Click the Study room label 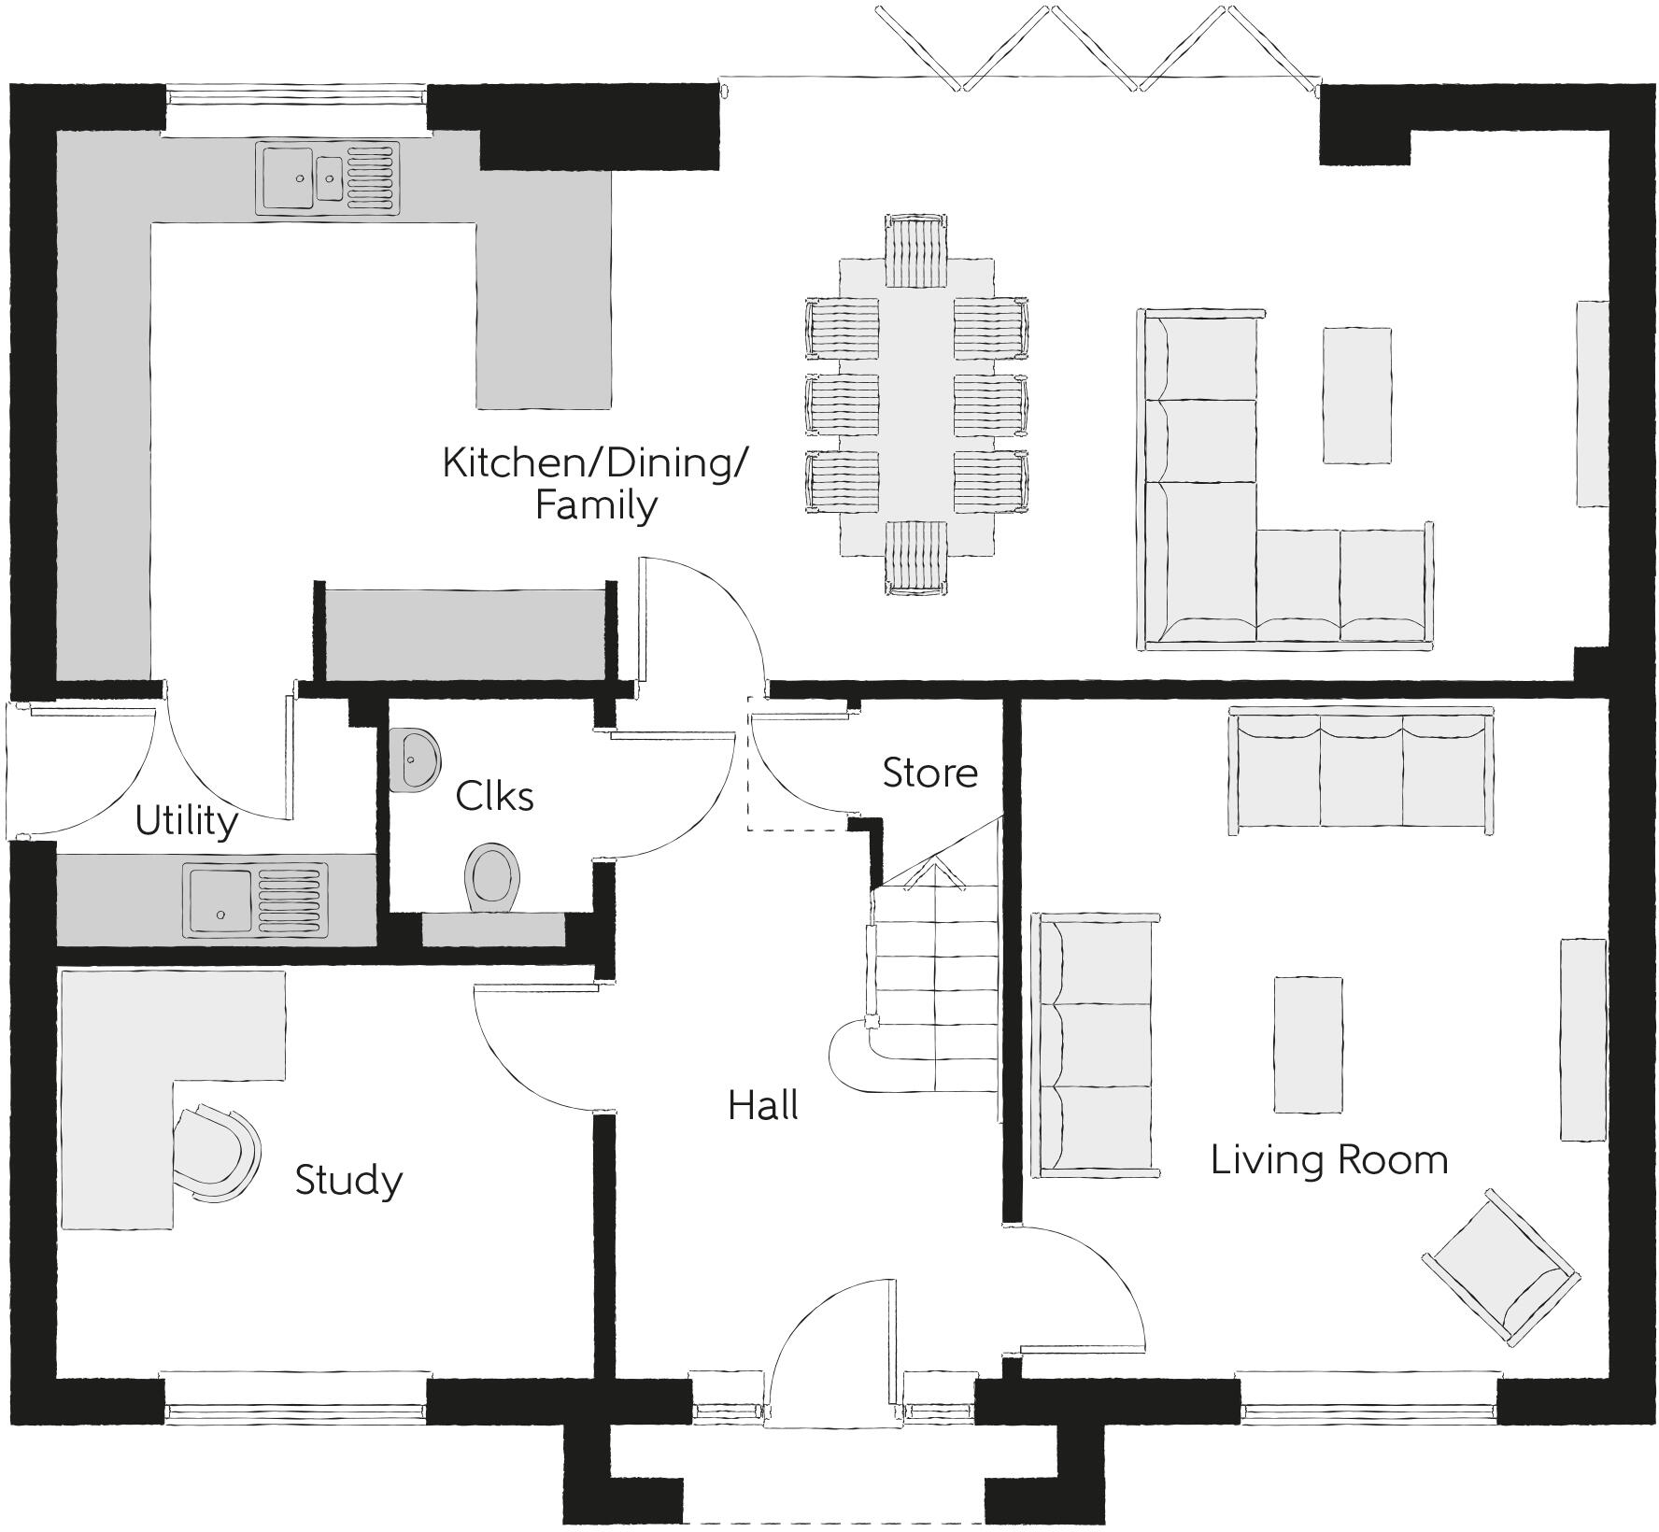(x=348, y=1181)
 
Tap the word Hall (x=763, y=1106)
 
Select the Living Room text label (x=1329, y=1160)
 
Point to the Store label (x=930, y=773)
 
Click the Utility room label (x=186, y=821)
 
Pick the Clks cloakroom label (x=494, y=796)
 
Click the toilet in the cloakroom (x=492, y=876)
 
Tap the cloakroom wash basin (x=415, y=760)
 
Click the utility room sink (x=257, y=901)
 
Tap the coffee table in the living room (x=1309, y=1044)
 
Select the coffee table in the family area (x=1356, y=394)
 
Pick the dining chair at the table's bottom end (x=915, y=558)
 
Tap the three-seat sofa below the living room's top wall (x=1360, y=769)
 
